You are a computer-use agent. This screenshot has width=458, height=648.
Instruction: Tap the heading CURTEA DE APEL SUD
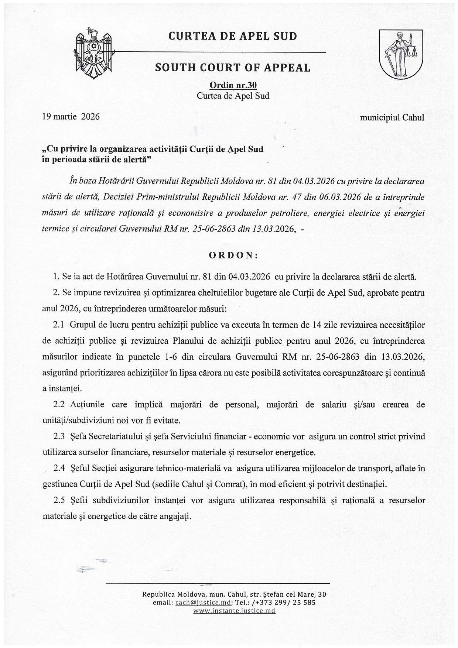point(233,36)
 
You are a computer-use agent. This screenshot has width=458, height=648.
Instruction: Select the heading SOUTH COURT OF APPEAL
point(233,68)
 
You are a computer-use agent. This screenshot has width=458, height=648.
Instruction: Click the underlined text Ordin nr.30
point(233,86)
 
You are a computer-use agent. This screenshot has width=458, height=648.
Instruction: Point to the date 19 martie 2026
point(71,117)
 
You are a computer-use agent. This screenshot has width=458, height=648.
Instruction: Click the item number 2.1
point(59,325)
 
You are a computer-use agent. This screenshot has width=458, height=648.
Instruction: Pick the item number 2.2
point(59,404)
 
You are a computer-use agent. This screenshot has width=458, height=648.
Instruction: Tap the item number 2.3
point(59,436)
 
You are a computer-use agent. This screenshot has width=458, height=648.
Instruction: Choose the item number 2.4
point(59,468)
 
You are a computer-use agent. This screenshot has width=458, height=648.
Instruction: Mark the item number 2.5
point(59,500)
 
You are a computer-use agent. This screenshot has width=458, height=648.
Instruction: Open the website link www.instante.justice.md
point(234,611)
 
